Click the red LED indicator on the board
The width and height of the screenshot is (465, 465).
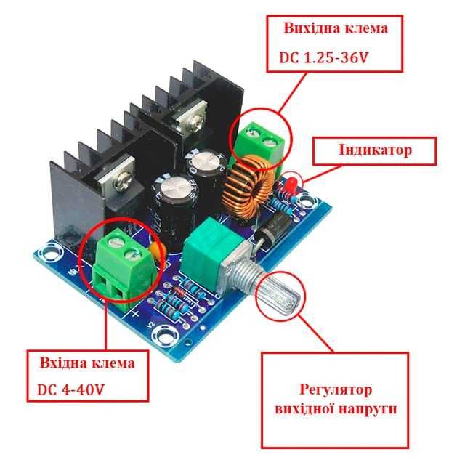coord(291,185)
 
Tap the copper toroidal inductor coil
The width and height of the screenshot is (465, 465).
coord(249,186)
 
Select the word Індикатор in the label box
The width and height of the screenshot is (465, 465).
coord(375,150)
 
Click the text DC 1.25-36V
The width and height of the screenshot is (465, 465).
coord(323,57)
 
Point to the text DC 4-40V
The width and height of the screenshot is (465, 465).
coord(70,389)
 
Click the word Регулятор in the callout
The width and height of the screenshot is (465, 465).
coord(336,389)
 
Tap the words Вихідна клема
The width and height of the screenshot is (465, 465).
coord(336,28)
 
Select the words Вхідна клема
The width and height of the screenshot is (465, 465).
coord(87,363)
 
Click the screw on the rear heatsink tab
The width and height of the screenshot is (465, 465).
coord(195,122)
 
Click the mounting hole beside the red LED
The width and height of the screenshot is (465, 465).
coord(307,202)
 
